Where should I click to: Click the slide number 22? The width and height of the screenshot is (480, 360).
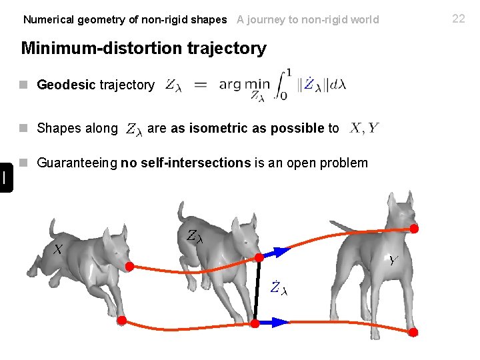click(x=459, y=19)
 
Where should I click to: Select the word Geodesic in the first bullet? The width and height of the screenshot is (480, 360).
click(x=66, y=85)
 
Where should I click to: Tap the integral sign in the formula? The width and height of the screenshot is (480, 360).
click(x=283, y=83)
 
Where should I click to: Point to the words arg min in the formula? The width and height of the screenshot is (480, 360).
click(x=244, y=84)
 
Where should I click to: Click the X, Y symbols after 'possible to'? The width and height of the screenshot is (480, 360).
click(x=364, y=127)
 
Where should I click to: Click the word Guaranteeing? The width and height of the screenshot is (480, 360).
click(x=77, y=163)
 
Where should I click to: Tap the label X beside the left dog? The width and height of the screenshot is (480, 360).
click(x=59, y=249)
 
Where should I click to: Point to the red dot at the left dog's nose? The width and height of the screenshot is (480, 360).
click(x=129, y=266)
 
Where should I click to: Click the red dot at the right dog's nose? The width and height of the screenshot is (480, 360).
click(x=414, y=229)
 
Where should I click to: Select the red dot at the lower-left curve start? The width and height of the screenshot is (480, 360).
click(x=122, y=321)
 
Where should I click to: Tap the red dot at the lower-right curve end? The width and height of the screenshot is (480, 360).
click(x=413, y=332)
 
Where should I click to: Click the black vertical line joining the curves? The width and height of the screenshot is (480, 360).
click(x=258, y=290)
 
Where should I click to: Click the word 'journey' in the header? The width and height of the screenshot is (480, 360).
click(x=265, y=19)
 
